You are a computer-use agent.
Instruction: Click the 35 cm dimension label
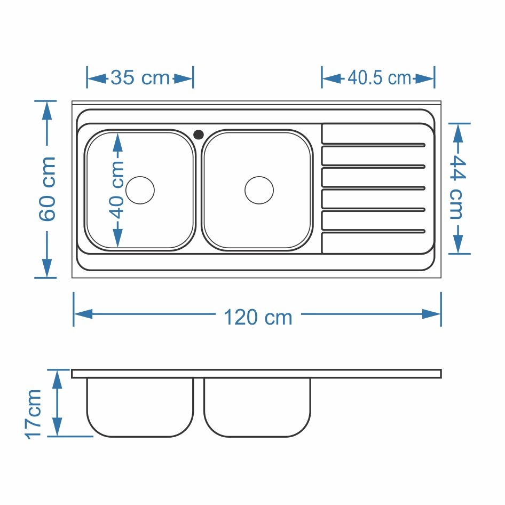pyautogui.click(x=140, y=78)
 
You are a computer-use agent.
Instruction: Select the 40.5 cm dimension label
pyautogui.click(x=379, y=78)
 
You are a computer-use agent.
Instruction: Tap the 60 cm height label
pyautogui.click(x=48, y=189)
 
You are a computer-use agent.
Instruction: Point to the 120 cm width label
pyautogui.click(x=258, y=317)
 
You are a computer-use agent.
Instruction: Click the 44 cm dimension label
pyautogui.click(x=457, y=187)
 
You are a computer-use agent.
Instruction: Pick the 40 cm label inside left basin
pyautogui.click(x=118, y=190)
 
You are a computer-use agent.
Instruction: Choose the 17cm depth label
pyautogui.click(x=33, y=414)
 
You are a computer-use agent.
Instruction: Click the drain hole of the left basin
pyautogui.click(x=140, y=190)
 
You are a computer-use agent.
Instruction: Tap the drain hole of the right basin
pyautogui.click(x=259, y=190)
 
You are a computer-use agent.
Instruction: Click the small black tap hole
pyautogui.click(x=199, y=135)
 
